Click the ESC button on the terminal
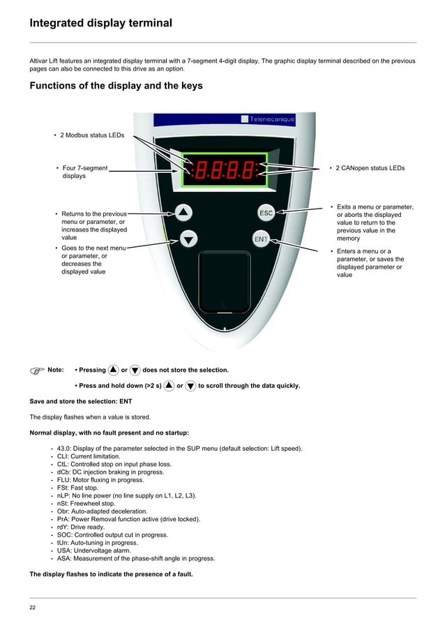266,213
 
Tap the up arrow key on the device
183,212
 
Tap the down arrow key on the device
189,239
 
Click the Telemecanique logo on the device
268,119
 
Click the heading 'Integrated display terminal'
100,23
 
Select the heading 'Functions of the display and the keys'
116,86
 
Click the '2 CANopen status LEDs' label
370,168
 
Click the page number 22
33,608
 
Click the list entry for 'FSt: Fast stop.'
80,488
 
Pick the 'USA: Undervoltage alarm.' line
93,550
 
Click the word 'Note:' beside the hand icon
55,370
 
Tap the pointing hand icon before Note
36,370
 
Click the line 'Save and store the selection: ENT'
80,401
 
